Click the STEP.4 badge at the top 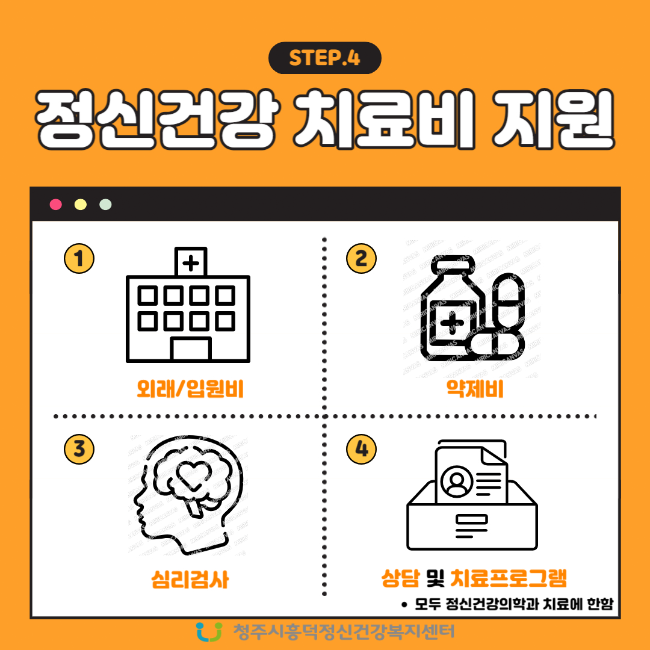[x=324, y=58]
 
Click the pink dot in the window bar [x=56, y=204]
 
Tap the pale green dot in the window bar [x=105, y=204]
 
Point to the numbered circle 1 [x=79, y=259]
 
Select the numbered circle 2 [x=362, y=259]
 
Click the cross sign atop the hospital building [x=191, y=262]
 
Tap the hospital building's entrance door [x=191, y=349]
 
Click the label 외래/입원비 [x=190, y=391]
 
